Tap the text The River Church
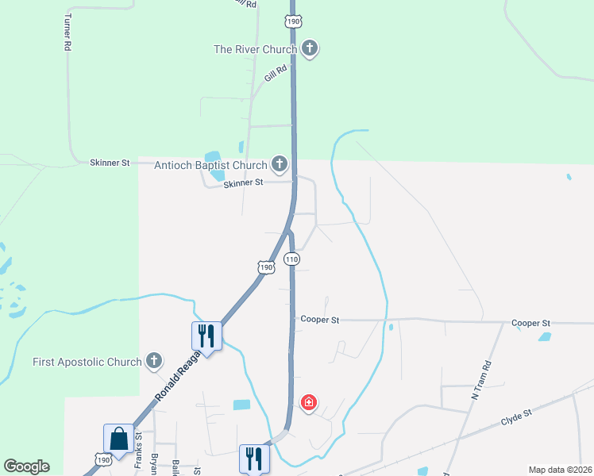256,49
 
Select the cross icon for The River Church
310,49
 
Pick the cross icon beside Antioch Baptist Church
279,164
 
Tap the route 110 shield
291,259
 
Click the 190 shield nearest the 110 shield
267,267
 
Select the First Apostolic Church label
87,362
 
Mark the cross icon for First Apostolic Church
154,362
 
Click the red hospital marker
309,403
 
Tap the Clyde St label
515,414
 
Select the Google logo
26,466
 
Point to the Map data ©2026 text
560,470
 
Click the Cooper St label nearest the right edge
531,323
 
